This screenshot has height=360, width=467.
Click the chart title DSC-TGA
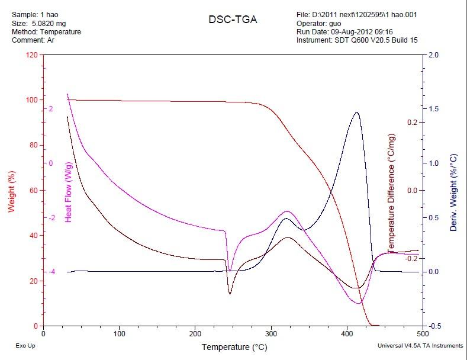click(x=233, y=20)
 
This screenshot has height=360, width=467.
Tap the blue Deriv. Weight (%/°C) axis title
click(x=453, y=192)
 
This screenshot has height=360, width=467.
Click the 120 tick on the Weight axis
click(x=31, y=55)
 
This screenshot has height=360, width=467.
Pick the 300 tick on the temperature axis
click(x=271, y=335)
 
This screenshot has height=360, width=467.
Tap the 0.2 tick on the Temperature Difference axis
click(x=412, y=123)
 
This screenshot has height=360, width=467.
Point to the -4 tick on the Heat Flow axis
click(x=51, y=272)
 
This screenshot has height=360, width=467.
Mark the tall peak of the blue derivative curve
click(x=356, y=112)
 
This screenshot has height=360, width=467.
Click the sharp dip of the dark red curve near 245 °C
click(x=230, y=293)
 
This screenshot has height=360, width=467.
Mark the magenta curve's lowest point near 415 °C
click(x=359, y=303)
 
